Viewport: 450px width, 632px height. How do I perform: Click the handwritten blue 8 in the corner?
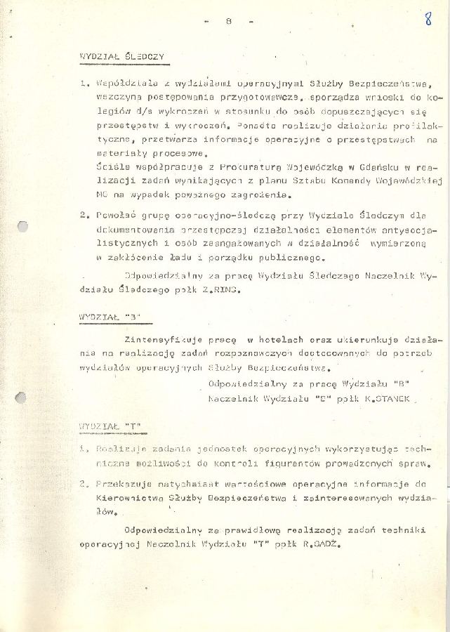tap(428, 19)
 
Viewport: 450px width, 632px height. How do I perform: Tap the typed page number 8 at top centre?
tap(228, 22)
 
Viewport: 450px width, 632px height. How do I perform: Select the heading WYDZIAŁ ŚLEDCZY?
tap(122, 55)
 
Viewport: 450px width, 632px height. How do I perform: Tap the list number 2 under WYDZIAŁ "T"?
tap(83, 485)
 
